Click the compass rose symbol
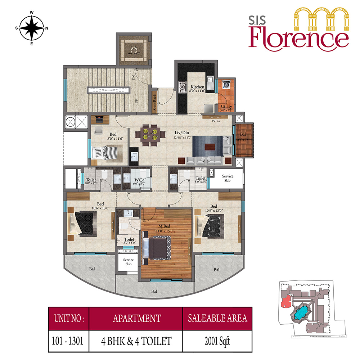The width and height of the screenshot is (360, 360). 31,28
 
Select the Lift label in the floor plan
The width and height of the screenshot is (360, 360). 134,48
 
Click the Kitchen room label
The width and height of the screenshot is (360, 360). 197,87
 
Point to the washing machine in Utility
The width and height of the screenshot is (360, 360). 226,85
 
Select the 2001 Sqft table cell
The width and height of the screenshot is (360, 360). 217,340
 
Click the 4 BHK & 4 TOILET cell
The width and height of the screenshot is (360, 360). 135,340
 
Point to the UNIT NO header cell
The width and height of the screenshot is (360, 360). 68,318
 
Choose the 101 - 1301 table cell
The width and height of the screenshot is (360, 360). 68,340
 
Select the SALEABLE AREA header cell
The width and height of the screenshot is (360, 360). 217,318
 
